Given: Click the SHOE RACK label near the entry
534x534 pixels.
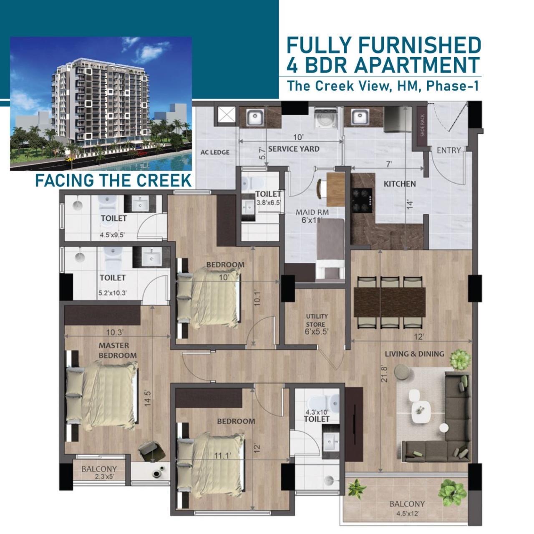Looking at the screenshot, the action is (423, 126).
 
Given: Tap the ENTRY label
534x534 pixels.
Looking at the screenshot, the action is (448, 150).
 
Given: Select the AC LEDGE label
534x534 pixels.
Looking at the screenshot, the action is (215, 152).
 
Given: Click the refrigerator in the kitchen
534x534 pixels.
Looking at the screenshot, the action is (395, 119).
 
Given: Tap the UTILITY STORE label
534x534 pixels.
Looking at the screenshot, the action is (317, 320).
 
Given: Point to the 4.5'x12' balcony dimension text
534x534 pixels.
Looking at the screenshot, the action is (407, 514).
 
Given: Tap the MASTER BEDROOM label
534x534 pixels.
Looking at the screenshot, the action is (118, 350).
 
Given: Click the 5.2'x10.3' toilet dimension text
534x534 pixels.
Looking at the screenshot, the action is (113, 293).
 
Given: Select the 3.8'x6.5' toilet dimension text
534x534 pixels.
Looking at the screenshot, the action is (269, 203).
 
